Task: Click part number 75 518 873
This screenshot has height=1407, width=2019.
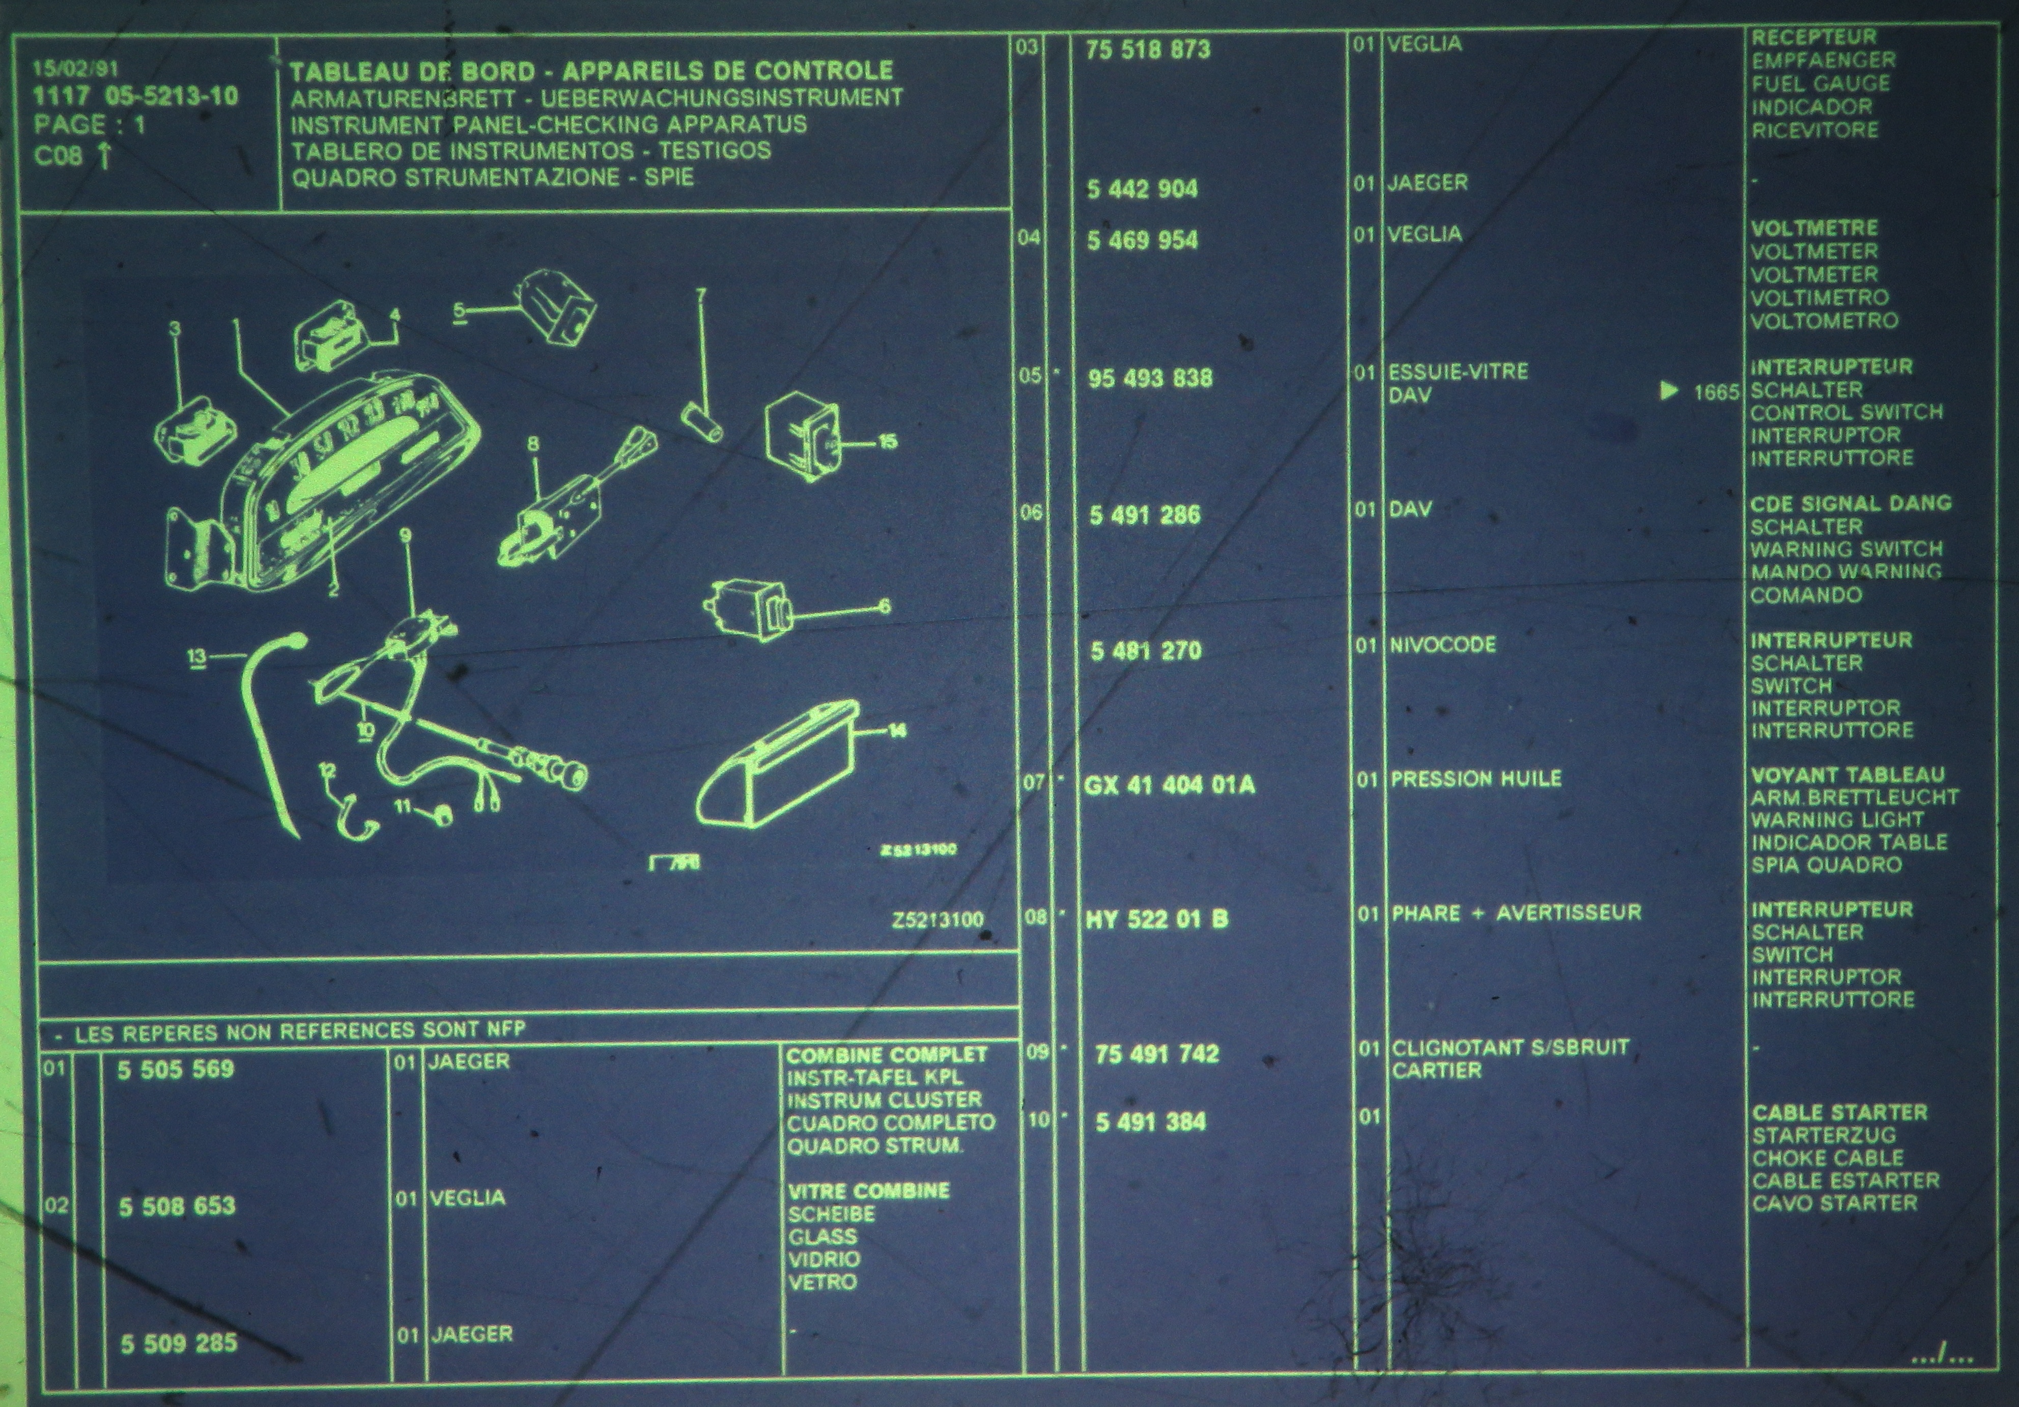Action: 1148,49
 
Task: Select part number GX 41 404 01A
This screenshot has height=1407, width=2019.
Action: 1170,785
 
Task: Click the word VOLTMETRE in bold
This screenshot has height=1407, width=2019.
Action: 1814,228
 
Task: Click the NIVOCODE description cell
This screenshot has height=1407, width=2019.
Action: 1443,645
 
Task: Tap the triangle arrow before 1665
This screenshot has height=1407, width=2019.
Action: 1669,391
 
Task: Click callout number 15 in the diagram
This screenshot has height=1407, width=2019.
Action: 888,442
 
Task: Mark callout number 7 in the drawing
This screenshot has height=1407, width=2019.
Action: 701,296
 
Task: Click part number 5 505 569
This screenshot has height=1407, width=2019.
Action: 176,1069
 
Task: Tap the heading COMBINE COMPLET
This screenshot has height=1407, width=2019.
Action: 887,1054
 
